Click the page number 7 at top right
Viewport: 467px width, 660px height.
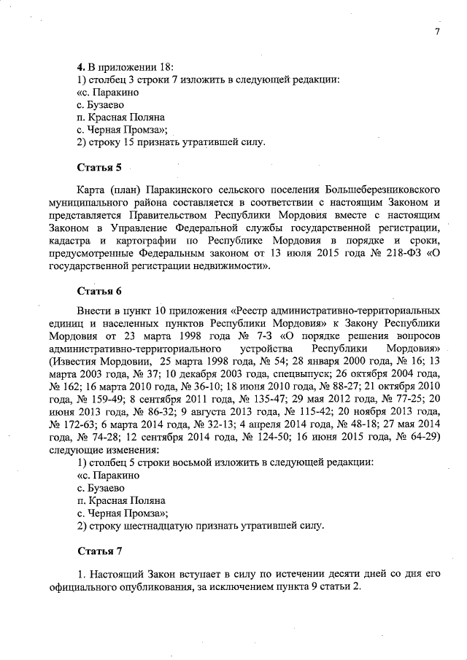[436, 31]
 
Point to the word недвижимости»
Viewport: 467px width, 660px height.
[225, 267]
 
